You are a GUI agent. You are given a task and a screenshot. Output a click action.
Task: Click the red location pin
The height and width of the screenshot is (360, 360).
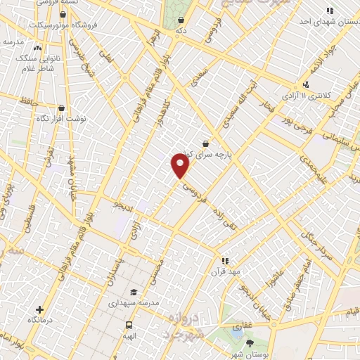point(181,166)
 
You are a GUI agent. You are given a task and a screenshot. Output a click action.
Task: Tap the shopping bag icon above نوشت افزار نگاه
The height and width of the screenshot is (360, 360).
point(61,108)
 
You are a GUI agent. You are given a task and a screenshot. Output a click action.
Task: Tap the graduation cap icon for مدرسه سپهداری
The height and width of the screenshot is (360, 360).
point(132,292)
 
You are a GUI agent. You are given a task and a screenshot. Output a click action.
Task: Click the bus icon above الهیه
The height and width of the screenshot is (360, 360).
point(129,325)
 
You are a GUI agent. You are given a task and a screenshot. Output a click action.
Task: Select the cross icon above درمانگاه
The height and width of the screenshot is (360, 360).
point(39,309)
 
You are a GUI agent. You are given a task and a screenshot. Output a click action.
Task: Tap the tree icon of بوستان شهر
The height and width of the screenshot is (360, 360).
point(250,342)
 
